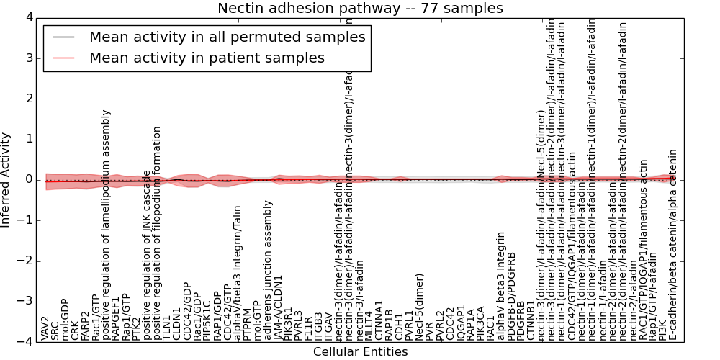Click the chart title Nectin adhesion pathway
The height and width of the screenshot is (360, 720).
(x=360, y=8)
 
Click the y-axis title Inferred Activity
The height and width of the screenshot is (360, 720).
(x=6, y=180)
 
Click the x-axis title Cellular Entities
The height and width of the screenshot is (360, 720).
(x=360, y=352)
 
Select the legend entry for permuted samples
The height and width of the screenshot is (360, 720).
(x=227, y=37)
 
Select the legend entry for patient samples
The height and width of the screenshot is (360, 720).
(x=207, y=58)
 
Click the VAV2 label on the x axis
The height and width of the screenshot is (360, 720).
(x=45, y=328)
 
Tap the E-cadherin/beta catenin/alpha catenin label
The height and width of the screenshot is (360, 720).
(x=673, y=245)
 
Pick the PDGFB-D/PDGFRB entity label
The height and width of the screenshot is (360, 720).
(x=511, y=295)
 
